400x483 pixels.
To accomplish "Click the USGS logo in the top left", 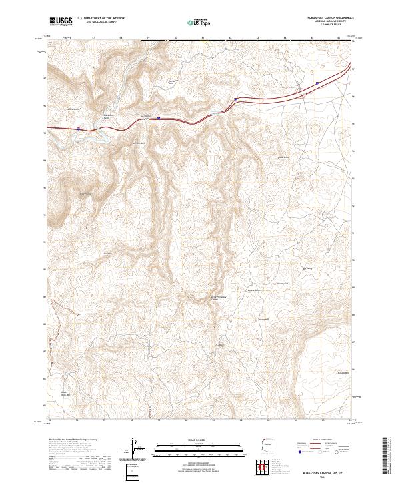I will click(60, 21).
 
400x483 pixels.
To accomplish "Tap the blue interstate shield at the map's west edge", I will click(78, 129).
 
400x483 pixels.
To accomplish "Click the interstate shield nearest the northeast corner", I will click(317, 83).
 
